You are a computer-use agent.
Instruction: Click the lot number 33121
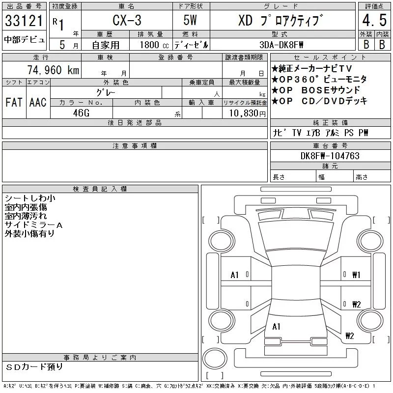coord(24,21)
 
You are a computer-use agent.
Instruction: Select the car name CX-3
coord(127,20)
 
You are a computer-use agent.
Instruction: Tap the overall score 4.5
coord(374,20)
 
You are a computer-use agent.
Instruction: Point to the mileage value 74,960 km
coord(53,70)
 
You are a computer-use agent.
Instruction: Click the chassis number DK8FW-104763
coord(330,156)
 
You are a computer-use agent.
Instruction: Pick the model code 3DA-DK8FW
coord(281,45)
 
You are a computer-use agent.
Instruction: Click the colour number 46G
coord(81,113)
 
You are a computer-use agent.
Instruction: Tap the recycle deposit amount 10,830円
coord(248,113)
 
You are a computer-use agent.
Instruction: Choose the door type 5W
coord(190,20)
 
